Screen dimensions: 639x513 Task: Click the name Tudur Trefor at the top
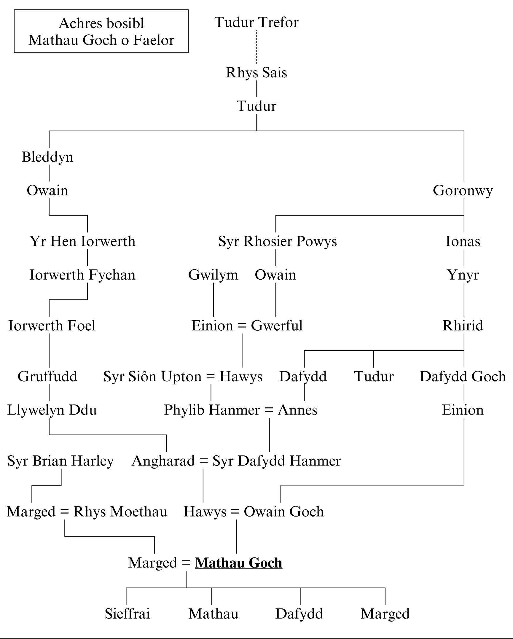256,22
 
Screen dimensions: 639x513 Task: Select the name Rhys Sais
256,73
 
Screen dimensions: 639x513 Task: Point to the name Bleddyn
47,157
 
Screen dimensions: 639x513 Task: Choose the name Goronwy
463,190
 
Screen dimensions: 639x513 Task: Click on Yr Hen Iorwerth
82,241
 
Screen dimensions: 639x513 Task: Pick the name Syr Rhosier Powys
278,241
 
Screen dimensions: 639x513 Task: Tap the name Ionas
463,241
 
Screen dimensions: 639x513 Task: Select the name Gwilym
213,275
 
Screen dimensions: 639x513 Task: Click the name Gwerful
277,326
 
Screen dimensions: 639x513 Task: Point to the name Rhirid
463,326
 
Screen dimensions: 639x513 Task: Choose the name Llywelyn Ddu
52,410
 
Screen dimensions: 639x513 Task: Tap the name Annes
297,410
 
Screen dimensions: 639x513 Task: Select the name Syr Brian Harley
60,461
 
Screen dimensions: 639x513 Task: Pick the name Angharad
163,461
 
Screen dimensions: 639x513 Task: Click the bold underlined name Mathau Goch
238,563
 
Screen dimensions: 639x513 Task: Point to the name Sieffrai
128,614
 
